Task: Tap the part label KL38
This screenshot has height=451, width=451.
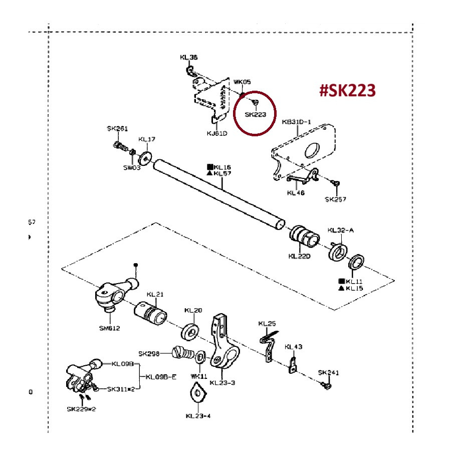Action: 188,57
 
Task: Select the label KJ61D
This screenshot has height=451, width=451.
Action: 217,133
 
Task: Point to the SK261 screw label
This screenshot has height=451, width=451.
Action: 117,129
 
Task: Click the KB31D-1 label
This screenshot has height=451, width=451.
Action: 297,122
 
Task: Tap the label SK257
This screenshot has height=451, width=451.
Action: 335,199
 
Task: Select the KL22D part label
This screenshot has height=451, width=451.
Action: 299,257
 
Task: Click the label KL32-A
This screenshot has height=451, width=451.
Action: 341,230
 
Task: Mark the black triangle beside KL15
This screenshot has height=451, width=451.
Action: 341,288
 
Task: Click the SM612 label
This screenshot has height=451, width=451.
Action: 109,328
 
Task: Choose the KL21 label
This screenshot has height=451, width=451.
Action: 155,294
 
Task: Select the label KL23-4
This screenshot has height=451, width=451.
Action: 198,415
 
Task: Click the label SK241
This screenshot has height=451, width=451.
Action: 328,373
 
